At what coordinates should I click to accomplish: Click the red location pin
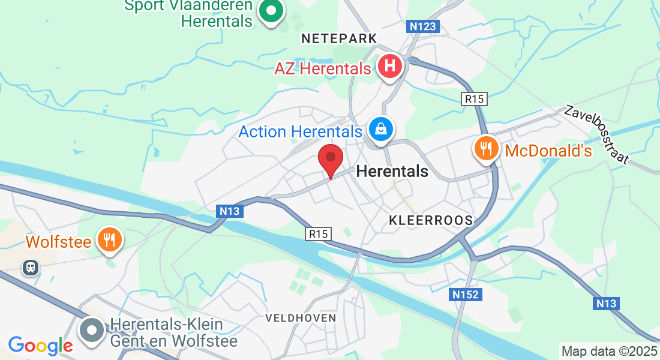(x=330, y=159)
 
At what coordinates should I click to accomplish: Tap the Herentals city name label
(x=392, y=171)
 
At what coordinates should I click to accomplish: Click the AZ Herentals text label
(x=323, y=68)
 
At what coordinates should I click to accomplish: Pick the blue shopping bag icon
(x=380, y=128)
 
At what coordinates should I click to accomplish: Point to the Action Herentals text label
(x=301, y=131)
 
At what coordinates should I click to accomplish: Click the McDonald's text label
(x=548, y=150)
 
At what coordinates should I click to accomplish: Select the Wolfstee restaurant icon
(x=109, y=240)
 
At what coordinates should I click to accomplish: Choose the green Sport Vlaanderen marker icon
(x=271, y=11)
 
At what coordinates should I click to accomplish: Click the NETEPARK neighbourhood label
(x=339, y=38)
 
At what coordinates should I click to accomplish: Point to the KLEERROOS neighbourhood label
(x=431, y=220)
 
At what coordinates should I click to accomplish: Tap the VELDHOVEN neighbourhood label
(x=301, y=317)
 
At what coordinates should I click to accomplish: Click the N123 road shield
(x=424, y=26)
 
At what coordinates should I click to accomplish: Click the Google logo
(x=40, y=345)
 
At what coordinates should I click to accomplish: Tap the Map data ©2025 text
(x=609, y=351)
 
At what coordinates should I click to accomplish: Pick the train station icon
(x=31, y=268)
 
